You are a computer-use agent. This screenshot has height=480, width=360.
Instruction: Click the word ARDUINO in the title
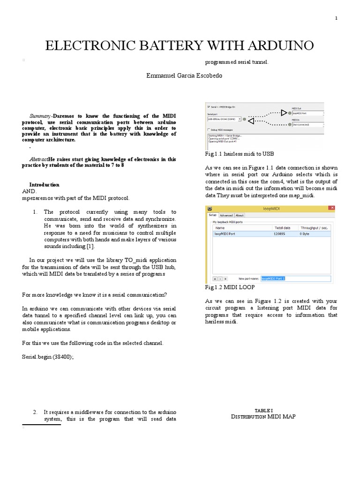(276, 46)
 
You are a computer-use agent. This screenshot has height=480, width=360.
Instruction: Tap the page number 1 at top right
(336, 18)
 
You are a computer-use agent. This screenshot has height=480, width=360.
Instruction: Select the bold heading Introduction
(44, 185)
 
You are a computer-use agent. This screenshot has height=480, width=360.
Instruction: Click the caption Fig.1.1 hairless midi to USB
(240, 153)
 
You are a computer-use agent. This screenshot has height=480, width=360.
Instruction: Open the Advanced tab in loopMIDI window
(226, 215)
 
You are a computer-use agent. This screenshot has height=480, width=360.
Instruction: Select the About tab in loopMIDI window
(239, 215)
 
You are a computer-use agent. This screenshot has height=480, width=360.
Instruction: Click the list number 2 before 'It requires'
(35, 412)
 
